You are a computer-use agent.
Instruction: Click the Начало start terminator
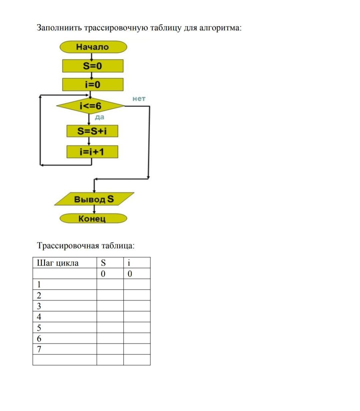click(x=93, y=47)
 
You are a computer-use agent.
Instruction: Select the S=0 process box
click(x=93, y=66)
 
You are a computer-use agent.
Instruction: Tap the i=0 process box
click(x=93, y=84)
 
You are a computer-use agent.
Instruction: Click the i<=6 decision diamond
click(x=90, y=106)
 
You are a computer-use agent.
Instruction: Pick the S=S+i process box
click(x=92, y=131)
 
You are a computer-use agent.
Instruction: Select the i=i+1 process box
click(x=92, y=152)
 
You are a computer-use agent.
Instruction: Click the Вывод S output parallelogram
click(x=94, y=199)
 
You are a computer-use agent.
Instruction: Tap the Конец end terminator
click(x=93, y=219)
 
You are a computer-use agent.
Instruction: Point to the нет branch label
click(x=139, y=99)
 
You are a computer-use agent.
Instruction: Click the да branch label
click(x=100, y=117)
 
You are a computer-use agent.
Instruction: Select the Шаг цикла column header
click(x=58, y=263)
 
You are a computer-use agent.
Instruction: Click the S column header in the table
click(x=103, y=263)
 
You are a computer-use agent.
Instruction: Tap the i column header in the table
click(x=129, y=263)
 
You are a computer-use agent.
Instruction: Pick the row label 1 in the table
click(x=39, y=285)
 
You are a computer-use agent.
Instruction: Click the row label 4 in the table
click(x=39, y=317)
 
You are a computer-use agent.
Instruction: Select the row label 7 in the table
click(x=39, y=349)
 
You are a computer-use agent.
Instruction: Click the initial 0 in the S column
click(x=103, y=274)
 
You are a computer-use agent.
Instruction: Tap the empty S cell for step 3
click(x=110, y=306)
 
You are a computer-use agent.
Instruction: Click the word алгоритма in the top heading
click(x=221, y=28)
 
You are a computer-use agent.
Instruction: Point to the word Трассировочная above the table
click(x=68, y=246)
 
